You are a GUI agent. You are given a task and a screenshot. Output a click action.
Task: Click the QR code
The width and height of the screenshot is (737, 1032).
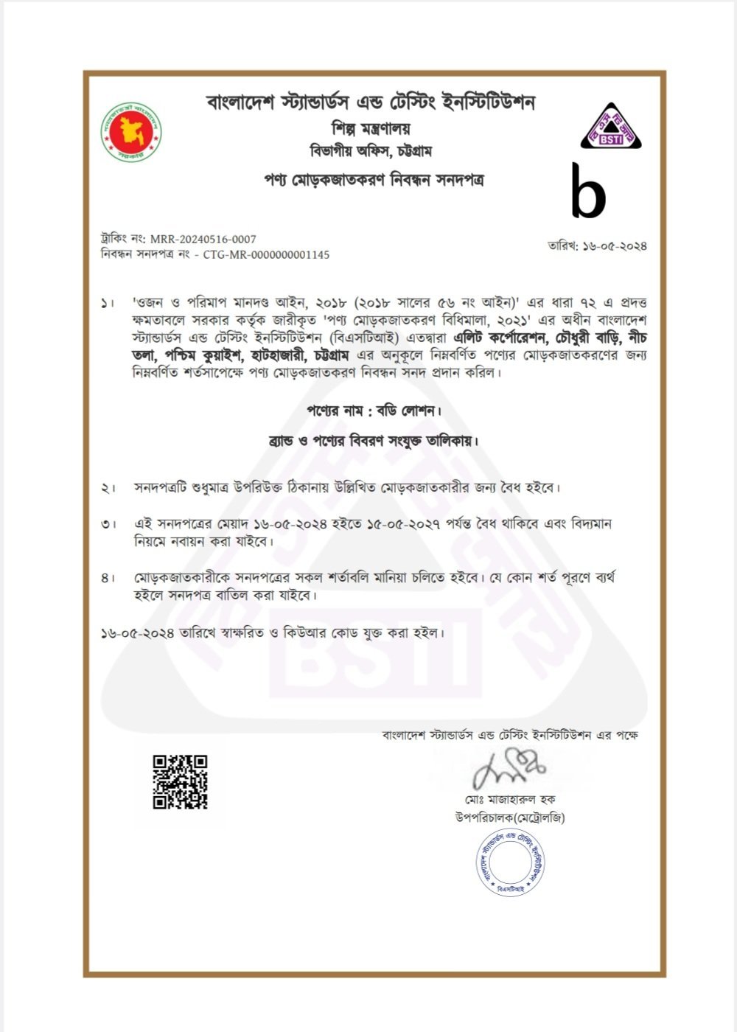[x=180, y=782]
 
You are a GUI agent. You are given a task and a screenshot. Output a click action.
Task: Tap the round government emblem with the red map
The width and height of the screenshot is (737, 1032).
[x=131, y=131]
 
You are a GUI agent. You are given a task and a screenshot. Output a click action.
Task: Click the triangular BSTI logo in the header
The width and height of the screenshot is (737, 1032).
[x=611, y=126]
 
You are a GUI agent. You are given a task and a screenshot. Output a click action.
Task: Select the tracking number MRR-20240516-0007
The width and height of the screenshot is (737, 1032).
[x=203, y=239]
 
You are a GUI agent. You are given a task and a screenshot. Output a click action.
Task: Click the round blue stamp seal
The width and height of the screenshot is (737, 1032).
[x=510, y=860]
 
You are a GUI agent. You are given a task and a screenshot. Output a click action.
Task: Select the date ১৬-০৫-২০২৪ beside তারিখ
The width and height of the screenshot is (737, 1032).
[x=615, y=245]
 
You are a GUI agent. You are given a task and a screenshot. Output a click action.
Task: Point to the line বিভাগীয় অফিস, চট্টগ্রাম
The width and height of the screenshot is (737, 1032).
[x=371, y=152]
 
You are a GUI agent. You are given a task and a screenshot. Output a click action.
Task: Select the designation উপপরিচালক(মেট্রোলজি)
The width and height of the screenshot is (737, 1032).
[x=510, y=817]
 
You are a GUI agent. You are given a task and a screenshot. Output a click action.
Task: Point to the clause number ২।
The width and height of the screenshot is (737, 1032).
[x=108, y=488]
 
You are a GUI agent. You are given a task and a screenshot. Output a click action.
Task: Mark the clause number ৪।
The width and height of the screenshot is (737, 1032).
[x=108, y=577]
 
